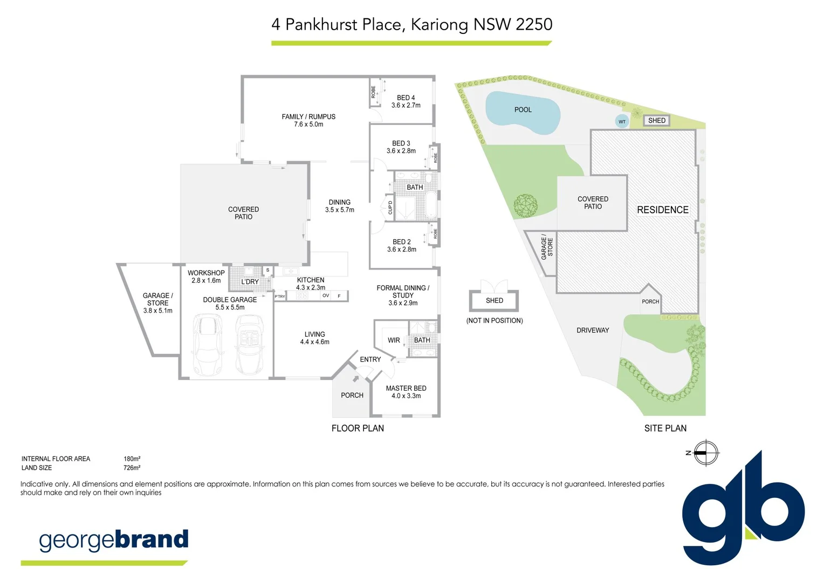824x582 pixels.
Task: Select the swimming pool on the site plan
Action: coord(523,112)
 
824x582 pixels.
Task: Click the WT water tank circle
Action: coord(622,121)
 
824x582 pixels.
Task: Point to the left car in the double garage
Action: coord(208,344)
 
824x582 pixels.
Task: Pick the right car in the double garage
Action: coord(249,344)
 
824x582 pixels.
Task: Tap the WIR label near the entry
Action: coord(394,341)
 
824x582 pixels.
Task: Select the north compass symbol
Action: coord(705,453)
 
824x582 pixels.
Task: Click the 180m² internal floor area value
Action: coord(132,459)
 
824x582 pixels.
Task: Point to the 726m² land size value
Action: coord(132,468)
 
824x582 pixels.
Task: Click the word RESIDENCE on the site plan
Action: coord(663,210)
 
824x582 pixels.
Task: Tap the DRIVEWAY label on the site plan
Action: coord(593,330)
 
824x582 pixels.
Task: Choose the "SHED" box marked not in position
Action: coord(494,301)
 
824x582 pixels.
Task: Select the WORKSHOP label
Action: coord(206,273)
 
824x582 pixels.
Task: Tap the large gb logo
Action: coord(743,509)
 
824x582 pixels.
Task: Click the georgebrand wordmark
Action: coord(114,540)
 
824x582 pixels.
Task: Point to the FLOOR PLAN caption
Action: coord(358,428)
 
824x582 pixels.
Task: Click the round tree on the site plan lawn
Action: coord(525,206)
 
